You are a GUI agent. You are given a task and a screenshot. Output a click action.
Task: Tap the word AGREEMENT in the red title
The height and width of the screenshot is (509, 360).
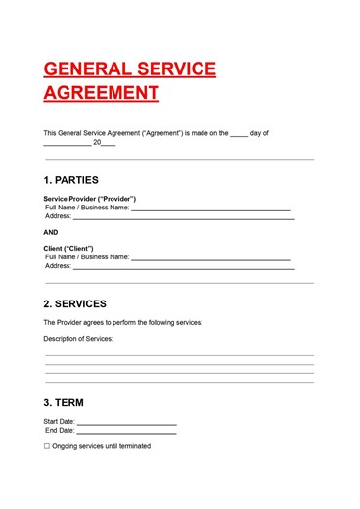coord(101,93)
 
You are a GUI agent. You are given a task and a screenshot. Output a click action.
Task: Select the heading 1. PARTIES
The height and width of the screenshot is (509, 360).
coord(71,180)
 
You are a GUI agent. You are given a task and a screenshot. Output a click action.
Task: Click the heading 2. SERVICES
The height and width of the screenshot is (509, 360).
coord(75,303)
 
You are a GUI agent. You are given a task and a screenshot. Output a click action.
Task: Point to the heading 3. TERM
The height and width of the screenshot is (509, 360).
coord(64,403)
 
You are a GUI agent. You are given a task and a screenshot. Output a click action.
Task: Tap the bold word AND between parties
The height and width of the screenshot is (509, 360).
coord(51,232)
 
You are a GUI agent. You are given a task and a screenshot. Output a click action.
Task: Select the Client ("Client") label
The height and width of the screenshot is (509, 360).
coord(68,249)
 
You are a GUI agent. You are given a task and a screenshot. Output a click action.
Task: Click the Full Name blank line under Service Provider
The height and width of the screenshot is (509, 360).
coord(210,209)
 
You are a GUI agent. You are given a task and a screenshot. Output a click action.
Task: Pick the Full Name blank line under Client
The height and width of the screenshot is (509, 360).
coord(210,259)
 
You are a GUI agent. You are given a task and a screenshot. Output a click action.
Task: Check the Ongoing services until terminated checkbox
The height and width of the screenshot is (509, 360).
coord(46,446)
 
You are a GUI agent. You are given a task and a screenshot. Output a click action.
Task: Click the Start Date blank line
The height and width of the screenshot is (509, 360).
coord(126,423)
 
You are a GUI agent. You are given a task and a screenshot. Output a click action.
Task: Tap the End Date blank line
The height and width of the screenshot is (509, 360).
coord(126,432)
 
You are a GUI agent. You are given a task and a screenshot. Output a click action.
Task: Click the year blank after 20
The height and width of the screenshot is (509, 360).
coord(109,144)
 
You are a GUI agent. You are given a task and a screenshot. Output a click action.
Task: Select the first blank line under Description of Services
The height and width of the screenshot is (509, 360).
coord(179,355)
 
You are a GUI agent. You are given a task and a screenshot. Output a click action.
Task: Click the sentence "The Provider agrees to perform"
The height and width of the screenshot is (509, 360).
coord(123,322)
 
